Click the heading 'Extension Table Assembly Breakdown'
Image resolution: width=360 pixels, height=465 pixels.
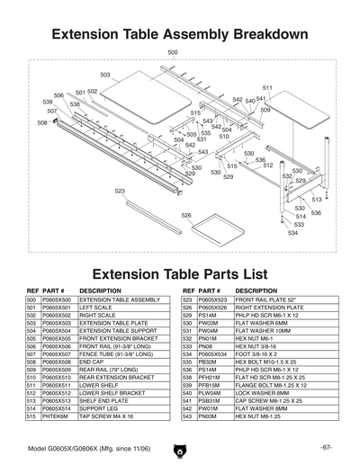pyautogui.click(x=180, y=35)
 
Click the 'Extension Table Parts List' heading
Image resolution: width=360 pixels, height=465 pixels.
pyautogui.click(x=180, y=273)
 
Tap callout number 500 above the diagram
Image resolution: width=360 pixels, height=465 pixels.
pyautogui.click(x=173, y=53)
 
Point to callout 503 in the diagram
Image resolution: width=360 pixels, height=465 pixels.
pyautogui.click(x=105, y=75)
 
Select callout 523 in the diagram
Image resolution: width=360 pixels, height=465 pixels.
pyautogui.click(x=120, y=191)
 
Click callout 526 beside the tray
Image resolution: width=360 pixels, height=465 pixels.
pyautogui.click(x=185, y=215)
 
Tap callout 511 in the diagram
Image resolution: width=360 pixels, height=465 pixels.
pyautogui.click(x=267, y=87)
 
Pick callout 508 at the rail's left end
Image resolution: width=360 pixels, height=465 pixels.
pyautogui.click(x=42, y=121)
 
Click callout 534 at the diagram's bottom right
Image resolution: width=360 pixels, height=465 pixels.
pyautogui.click(x=293, y=232)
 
